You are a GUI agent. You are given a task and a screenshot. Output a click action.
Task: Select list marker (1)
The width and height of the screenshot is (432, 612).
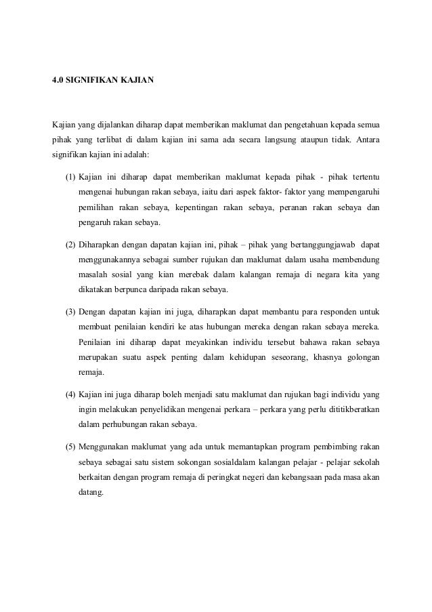[70, 178]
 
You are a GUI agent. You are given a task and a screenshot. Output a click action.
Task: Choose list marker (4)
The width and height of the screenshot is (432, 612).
[70, 394]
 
